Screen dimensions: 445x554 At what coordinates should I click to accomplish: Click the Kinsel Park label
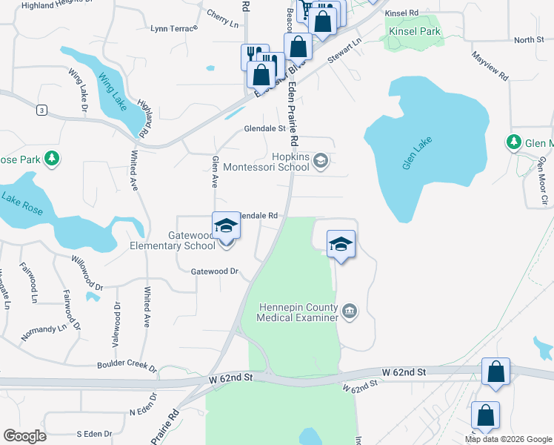coord(414,32)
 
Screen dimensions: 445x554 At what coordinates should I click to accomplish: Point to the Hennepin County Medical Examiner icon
coord(350,311)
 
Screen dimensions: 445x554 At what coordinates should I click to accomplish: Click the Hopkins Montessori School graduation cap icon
coord(321,161)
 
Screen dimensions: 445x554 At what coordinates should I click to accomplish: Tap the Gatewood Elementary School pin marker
coord(226,226)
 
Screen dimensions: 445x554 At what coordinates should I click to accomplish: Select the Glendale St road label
coord(264,129)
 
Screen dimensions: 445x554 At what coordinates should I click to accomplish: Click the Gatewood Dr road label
coord(214,271)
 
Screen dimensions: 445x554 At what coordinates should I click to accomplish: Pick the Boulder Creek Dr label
coord(127,366)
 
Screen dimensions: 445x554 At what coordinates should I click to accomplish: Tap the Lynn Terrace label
coord(174,29)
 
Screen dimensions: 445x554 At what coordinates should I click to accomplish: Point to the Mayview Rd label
coord(490,64)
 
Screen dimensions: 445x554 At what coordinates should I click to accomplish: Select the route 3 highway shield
coord(42,111)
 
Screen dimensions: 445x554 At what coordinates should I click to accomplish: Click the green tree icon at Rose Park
coord(52,158)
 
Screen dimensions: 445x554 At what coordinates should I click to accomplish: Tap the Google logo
coord(25,436)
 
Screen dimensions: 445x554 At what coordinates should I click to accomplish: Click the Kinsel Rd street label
coord(402,13)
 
